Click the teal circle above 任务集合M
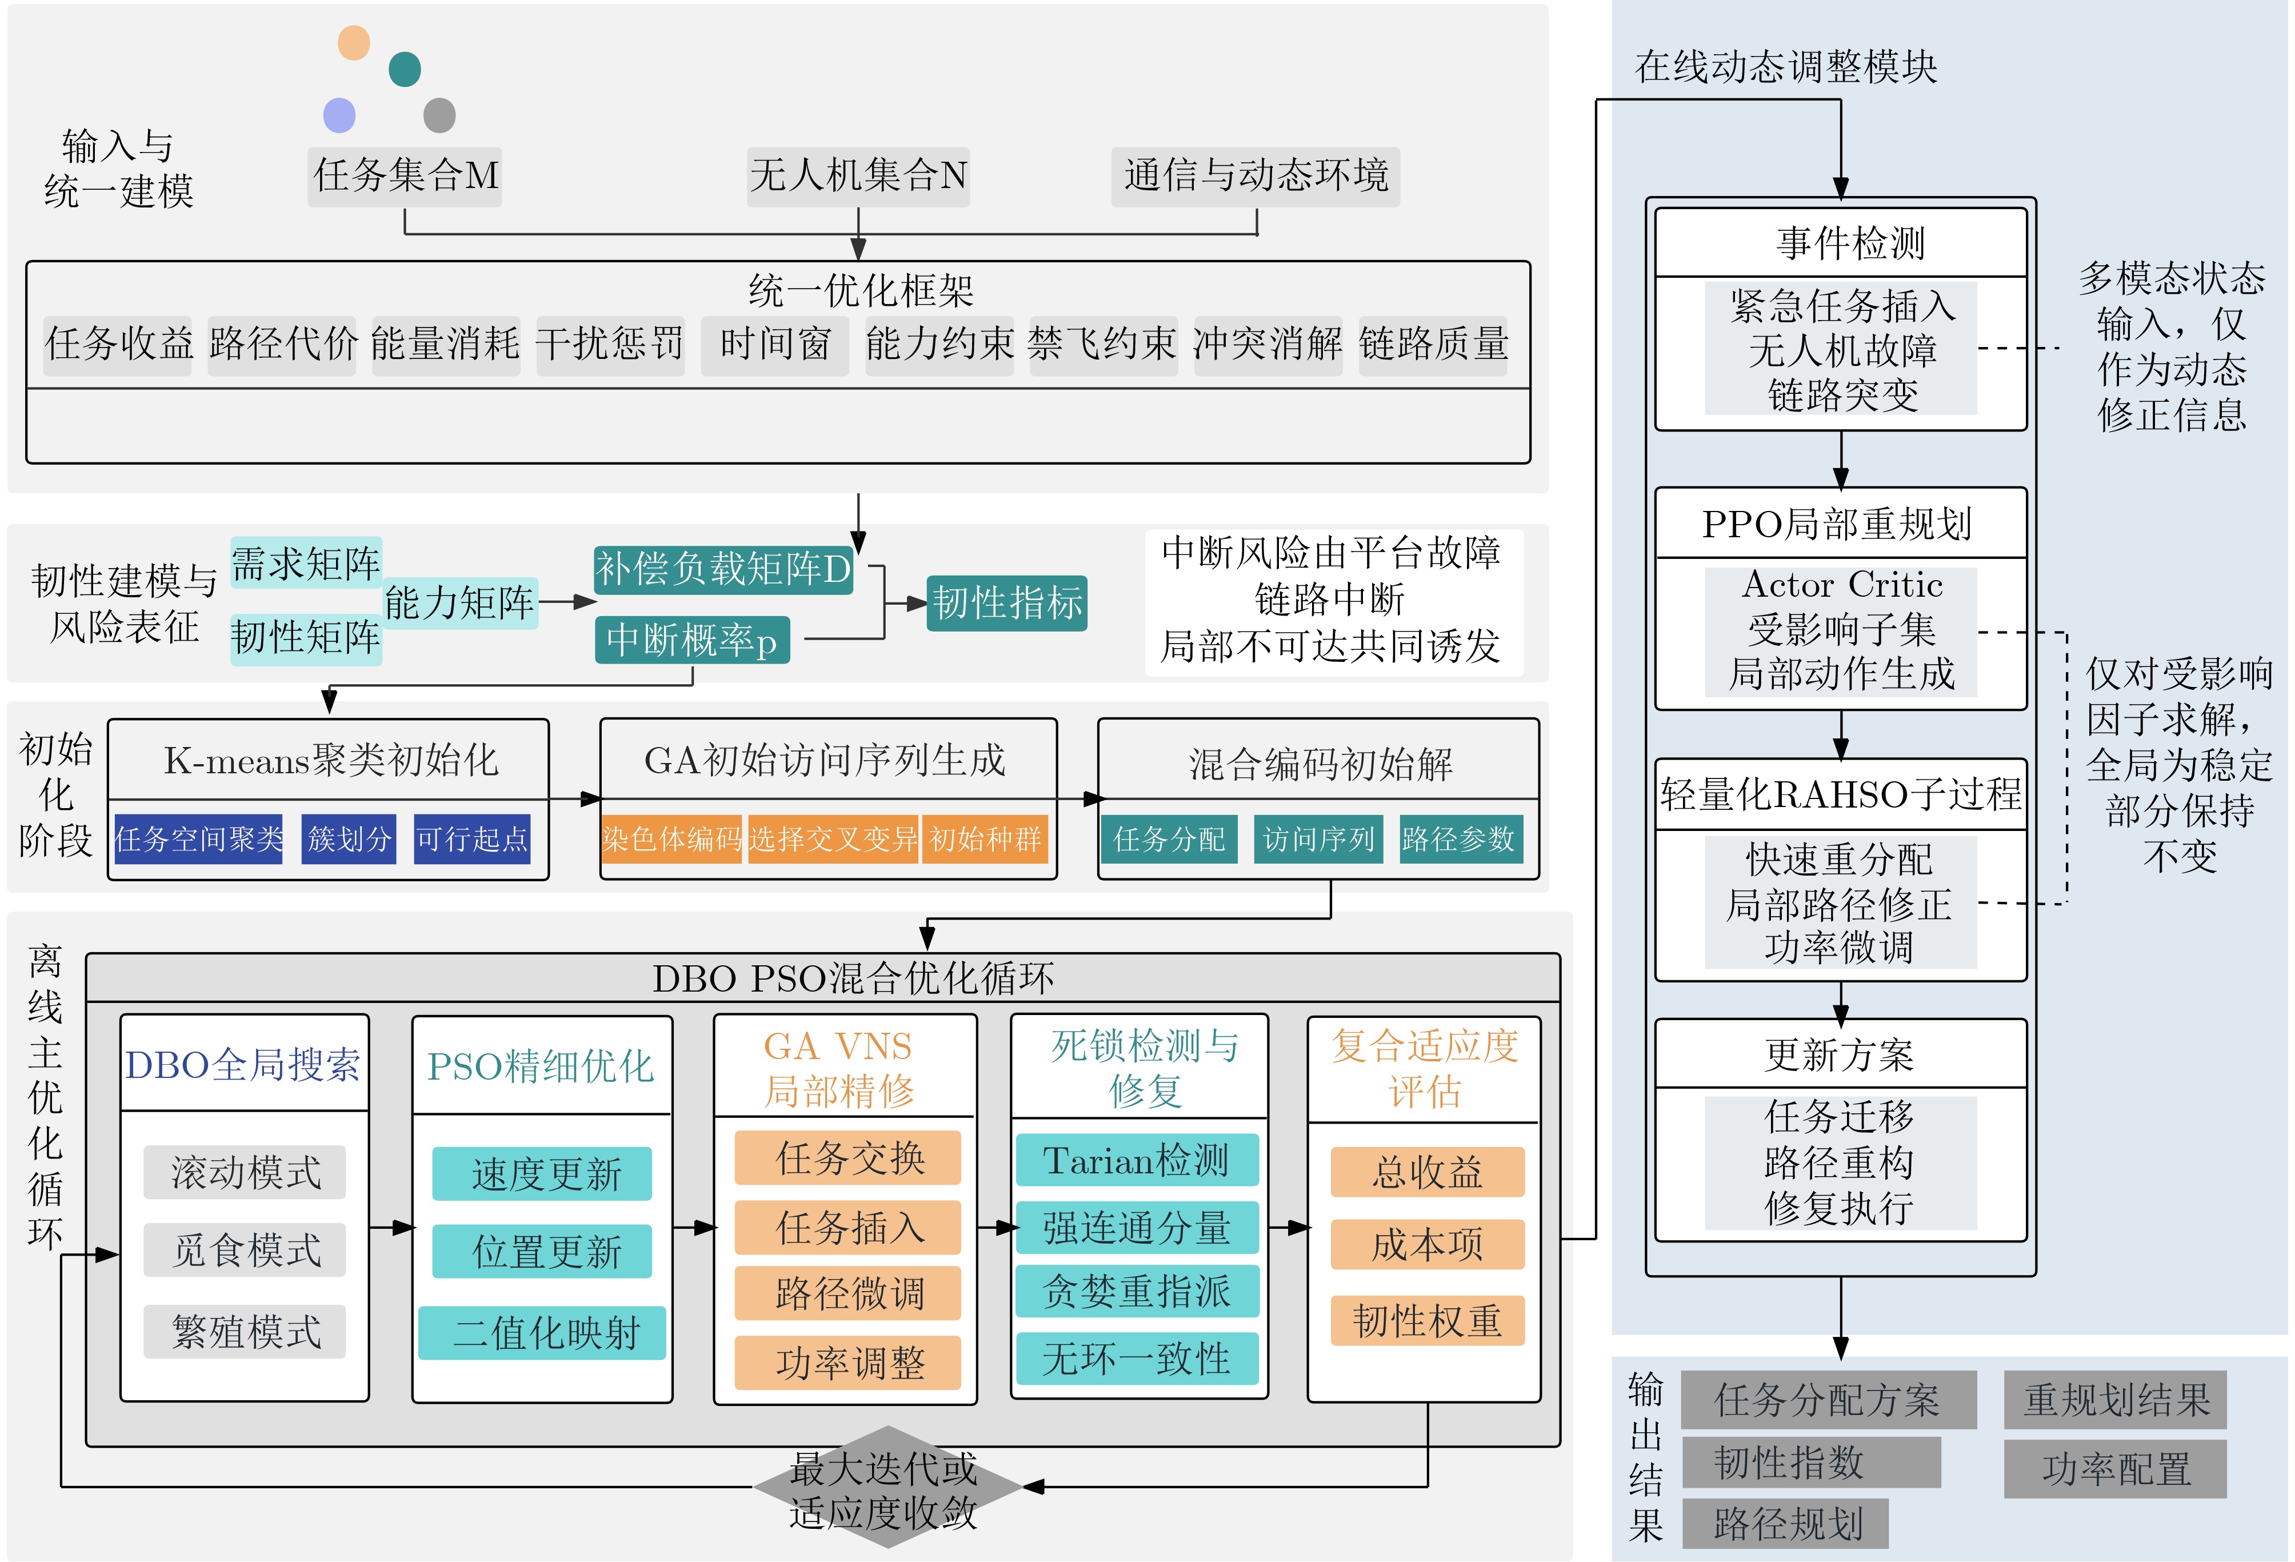click(x=405, y=69)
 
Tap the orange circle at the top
click(x=354, y=42)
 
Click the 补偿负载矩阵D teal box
click(x=723, y=569)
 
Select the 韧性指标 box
click(x=1007, y=602)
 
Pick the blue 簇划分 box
click(x=349, y=839)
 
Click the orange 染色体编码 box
click(x=671, y=839)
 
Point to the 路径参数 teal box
click(x=1458, y=839)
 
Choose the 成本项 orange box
click(x=1427, y=1244)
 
